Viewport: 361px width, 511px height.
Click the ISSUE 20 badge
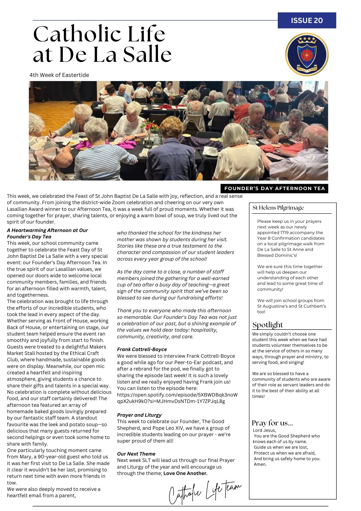pos(307,20)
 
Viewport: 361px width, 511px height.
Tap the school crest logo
pos(307,55)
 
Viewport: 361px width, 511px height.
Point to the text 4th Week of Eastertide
pos(59,75)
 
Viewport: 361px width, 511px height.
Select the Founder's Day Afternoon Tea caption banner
pos(274,189)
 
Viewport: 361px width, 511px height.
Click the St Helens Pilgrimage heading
pos(278,208)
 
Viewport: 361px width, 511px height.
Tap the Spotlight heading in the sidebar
pos(268,325)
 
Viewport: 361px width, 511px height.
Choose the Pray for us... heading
pos(272,423)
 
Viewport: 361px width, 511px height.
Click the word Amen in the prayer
pos(260,464)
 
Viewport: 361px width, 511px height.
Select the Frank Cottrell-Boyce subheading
pos(142,349)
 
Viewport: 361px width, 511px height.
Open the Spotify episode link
pos(177,398)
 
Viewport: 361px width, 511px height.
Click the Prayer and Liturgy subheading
pos(139,415)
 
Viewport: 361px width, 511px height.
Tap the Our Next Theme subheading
pos(136,454)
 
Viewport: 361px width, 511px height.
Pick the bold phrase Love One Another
pos(186,473)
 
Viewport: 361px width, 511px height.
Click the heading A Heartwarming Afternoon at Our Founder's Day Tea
pos(47,233)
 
